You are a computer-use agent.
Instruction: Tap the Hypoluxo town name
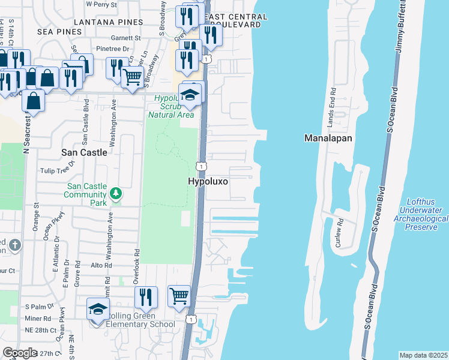[x=208, y=181]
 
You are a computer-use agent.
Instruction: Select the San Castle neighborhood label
[x=84, y=152]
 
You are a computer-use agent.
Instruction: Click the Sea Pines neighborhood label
[x=59, y=31]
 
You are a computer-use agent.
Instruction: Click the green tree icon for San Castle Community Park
[x=116, y=193]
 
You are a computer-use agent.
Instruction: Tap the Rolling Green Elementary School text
[x=140, y=320]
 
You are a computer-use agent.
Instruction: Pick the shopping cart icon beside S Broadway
[x=132, y=76]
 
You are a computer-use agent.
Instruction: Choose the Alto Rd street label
[x=100, y=265]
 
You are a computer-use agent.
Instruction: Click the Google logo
[x=20, y=353]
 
